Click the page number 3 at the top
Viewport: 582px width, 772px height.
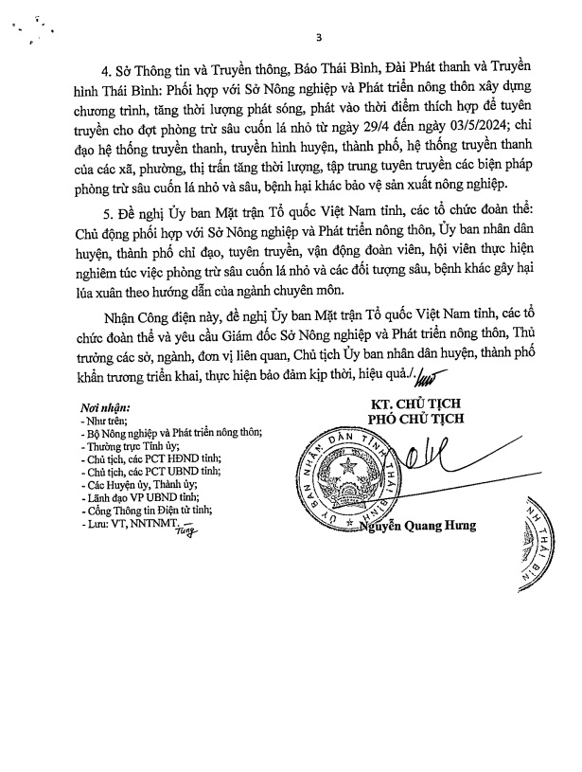pyautogui.click(x=319, y=37)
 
